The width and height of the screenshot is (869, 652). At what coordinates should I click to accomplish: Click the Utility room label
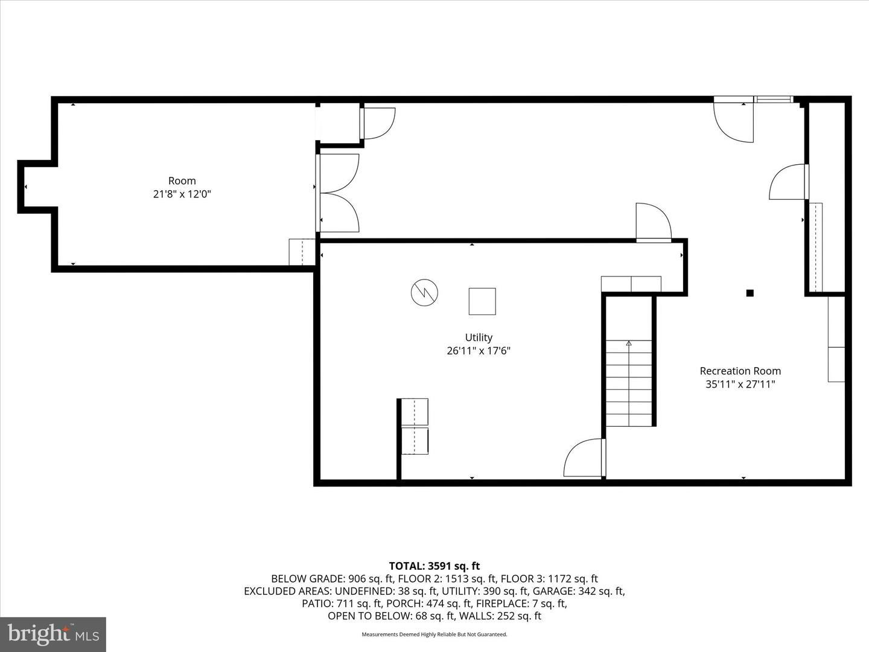[x=478, y=337]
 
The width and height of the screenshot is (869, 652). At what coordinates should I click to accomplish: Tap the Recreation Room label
[x=740, y=371]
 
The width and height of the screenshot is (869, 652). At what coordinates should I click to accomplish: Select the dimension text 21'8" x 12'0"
[x=182, y=194]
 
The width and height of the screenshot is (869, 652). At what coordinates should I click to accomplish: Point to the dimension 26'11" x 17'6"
[x=478, y=351]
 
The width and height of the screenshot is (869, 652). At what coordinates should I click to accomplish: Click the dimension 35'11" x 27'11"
[x=740, y=384]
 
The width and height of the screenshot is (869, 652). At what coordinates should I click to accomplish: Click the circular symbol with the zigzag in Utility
[x=424, y=293]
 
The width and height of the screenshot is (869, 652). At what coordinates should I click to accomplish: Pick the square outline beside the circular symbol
[x=482, y=301]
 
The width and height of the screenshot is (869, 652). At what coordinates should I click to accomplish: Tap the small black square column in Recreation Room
[x=750, y=293]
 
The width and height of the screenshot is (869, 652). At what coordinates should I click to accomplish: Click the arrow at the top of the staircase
[x=629, y=344]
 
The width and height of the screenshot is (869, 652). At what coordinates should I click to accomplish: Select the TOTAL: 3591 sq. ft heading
[x=434, y=566]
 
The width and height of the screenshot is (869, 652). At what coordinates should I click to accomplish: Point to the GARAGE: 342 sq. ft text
[x=578, y=592]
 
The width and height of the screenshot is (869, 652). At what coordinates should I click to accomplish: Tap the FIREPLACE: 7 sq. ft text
[x=521, y=604]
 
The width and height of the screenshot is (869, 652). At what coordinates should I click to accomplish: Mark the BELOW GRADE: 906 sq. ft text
[x=333, y=579]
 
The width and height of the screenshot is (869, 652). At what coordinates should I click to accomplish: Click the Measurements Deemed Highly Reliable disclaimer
[x=434, y=634]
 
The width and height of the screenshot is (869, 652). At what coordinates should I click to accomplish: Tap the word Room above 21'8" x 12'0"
[x=182, y=181]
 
